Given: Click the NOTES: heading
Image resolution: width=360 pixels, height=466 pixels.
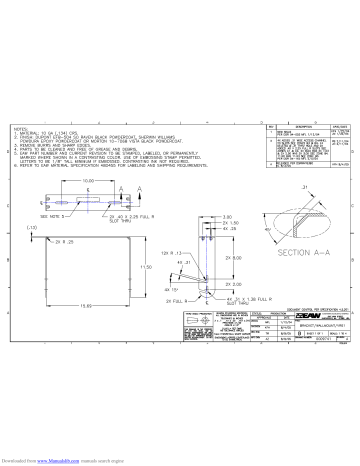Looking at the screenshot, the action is (22, 129).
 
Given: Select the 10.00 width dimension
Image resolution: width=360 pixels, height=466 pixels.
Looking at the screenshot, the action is (88, 181).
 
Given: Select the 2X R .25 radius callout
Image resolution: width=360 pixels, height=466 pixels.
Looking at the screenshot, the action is (65, 242).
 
